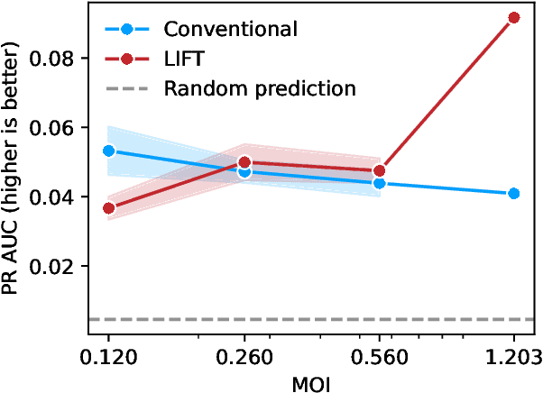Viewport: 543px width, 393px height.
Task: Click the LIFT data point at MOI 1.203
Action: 514,17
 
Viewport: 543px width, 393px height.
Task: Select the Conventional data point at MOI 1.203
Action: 514,194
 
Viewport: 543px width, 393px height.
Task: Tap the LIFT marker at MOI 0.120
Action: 109,208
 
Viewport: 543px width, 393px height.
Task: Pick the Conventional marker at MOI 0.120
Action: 109,151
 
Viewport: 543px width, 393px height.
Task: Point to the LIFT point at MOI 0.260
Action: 244,163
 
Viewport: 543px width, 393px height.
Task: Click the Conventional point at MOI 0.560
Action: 379,183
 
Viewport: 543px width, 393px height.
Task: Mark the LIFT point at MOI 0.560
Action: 379,170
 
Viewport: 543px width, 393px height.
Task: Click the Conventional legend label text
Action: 230,28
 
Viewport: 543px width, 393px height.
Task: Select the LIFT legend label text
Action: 184,58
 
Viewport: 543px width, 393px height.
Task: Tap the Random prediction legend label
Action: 260,88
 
